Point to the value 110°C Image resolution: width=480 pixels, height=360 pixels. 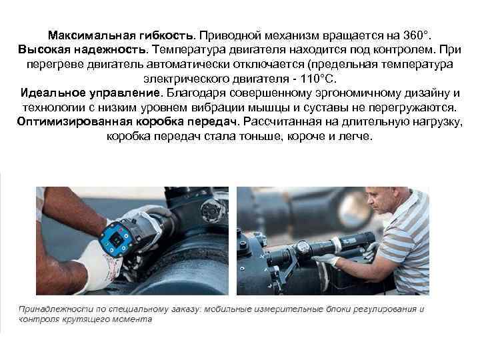coord(318,79)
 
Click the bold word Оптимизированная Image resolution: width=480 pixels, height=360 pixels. coord(75,122)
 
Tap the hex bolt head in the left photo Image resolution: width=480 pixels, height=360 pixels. coord(211,210)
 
